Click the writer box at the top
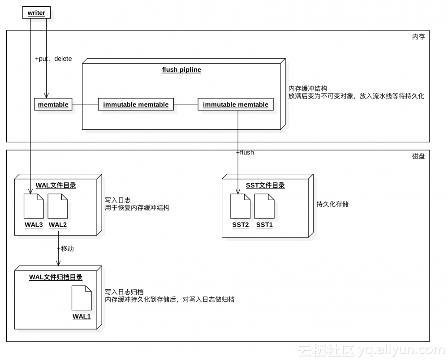[x=36, y=13]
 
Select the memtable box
[x=53, y=105]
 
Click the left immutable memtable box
[x=136, y=105]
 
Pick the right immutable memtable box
[x=236, y=105]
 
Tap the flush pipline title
[x=181, y=70]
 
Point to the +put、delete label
[x=53, y=59]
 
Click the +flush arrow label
[x=246, y=153]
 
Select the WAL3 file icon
[x=34, y=206]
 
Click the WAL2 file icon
[x=58, y=206]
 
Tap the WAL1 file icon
[x=82, y=298]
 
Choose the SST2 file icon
[x=241, y=206]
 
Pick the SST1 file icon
[x=264, y=206]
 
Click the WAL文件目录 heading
[x=56, y=185]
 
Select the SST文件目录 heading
[x=265, y=185]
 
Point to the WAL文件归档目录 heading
[x=56, y=277]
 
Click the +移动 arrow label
[x=65, y=249]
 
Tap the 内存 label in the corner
[x=418, y=37]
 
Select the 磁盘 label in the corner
[x=418, y=156]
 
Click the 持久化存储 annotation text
[x=332, y=204]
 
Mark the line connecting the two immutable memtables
[x=185, y=105]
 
